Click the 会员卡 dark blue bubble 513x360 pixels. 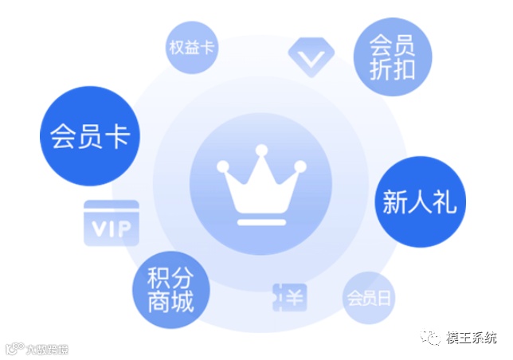pos(90,135)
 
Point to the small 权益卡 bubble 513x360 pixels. pos(191,47)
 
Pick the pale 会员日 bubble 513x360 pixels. pos(369,299)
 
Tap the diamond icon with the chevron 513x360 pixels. pos(310,56)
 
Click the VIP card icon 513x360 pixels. pos(112,222)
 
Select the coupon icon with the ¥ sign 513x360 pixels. pos(289,299)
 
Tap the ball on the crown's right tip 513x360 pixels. pos(300,166)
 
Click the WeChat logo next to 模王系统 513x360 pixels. pos(431,338)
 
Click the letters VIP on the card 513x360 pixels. pos(112,229)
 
